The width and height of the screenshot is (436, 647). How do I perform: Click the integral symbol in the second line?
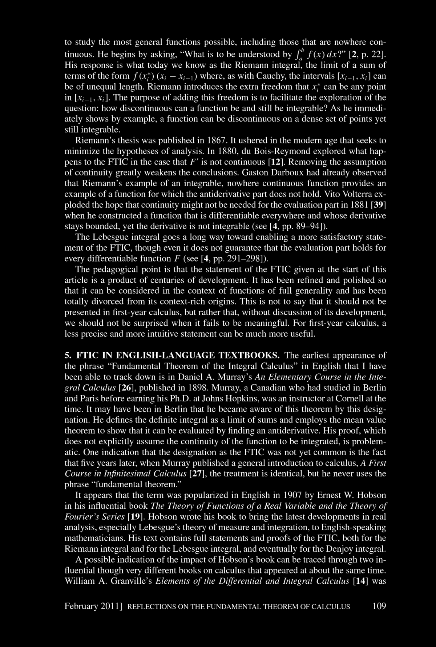(298, 55)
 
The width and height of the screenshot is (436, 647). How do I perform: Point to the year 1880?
(225, 151)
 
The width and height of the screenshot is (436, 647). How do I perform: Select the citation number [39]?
(378, 205)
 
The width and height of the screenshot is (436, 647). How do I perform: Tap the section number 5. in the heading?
(67, 355)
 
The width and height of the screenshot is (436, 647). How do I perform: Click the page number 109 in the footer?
(379, 606)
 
